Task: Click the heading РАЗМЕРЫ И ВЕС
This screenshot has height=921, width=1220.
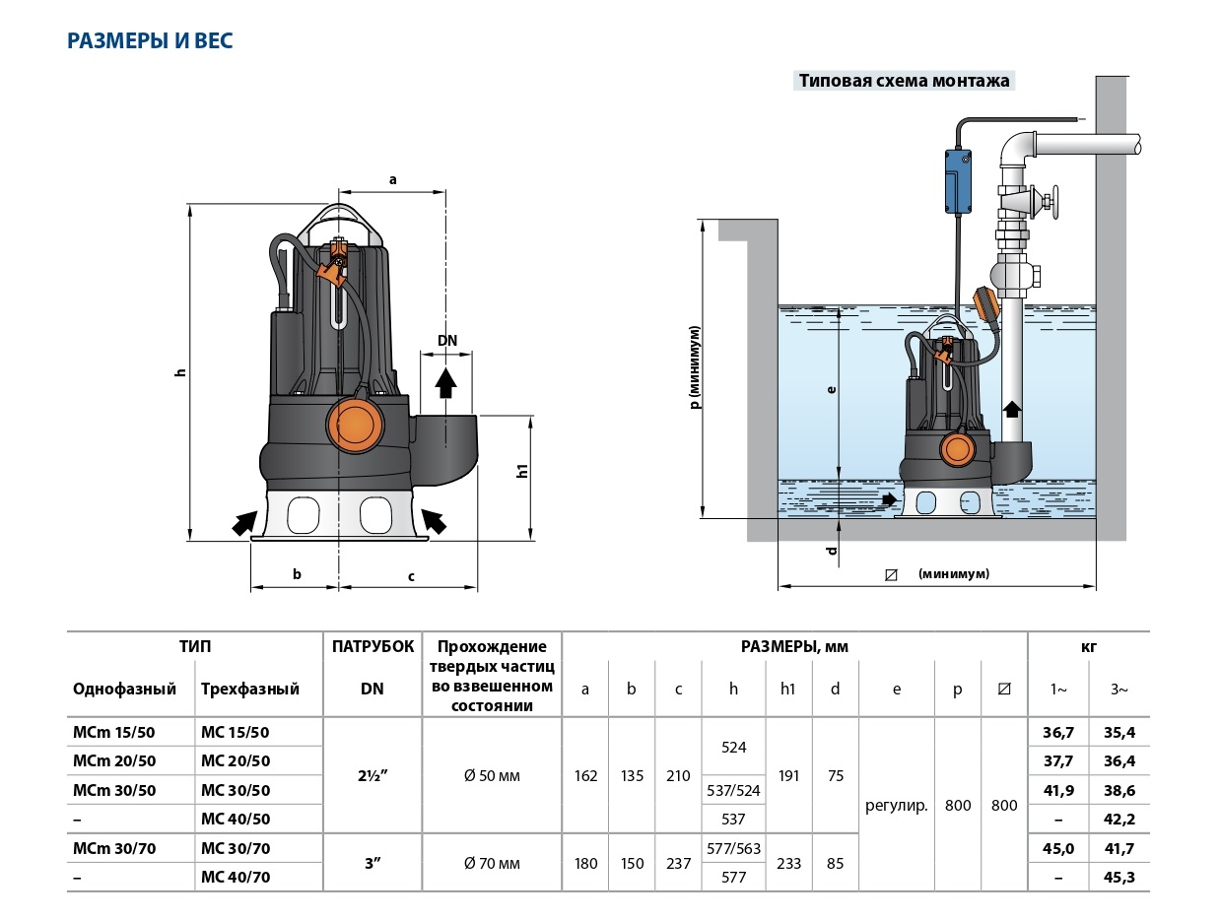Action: [x=150, y=41]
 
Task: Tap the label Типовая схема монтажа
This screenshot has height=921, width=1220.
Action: [x=904, y=82]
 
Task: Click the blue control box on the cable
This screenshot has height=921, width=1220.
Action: [x=957, y=180]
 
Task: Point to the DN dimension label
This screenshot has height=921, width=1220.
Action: [x=447, y=341]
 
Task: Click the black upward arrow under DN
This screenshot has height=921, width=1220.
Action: [x=446, y=382]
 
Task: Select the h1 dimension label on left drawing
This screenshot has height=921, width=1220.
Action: [x=523, y=471]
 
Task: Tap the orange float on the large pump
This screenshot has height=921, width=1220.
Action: [x=356, y=423]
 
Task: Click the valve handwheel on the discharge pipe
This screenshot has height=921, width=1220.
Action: [x=1051, y=204]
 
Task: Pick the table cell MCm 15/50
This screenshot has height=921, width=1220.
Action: [x=114, y=732]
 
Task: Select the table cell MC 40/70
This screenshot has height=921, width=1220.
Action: [x=236, y=877]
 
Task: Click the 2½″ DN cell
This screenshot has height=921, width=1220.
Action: [x=372, y=775]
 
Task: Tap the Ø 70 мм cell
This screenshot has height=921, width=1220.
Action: [x=492, y=864]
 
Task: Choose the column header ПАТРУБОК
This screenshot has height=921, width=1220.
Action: [x=373, y=647]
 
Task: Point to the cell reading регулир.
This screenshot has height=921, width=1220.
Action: [x=897, y=805]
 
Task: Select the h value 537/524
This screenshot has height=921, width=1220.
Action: [x=733, y=790]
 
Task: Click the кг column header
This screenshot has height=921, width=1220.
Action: [x=1088, y=647]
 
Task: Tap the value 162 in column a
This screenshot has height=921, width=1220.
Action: [x=585, y=775]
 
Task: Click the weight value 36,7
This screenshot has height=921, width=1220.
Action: [x=1057, y=732]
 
